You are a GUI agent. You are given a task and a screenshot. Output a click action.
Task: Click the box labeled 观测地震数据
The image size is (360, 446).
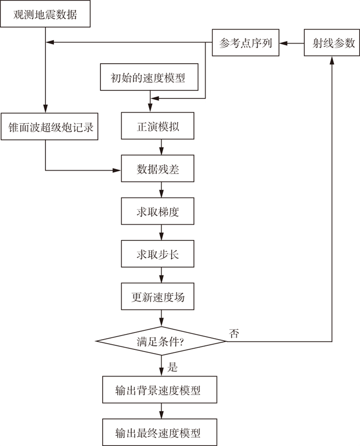[x=45, y=14]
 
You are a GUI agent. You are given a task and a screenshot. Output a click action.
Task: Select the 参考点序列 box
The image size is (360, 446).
[x=245, y=43]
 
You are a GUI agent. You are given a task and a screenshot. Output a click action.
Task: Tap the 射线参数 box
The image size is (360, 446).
[x=332, y=43]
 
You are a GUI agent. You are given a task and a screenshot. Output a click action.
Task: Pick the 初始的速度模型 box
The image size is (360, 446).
[x=151, y=78]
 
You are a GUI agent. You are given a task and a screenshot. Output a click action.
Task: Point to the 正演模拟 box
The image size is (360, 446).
[x=158, y=127]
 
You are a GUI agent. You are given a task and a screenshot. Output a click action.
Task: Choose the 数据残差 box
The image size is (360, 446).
[x=158, y=169]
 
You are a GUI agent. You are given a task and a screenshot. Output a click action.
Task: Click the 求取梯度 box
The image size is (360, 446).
[x=158, y=212]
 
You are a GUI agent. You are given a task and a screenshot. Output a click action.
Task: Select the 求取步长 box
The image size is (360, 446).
[x=158, y=254]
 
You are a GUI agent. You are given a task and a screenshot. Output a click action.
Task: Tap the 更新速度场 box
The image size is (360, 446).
[x=158, y=296]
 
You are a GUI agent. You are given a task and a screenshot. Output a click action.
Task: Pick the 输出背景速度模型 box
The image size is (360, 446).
[x=158, y=391]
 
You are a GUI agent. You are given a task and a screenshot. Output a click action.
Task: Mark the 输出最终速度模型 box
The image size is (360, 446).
[x=158, y=432]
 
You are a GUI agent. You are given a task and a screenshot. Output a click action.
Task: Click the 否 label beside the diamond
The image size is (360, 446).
[x=234, y=333]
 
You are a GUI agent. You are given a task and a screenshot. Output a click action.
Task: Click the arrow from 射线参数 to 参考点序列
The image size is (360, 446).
[x=292, y=43]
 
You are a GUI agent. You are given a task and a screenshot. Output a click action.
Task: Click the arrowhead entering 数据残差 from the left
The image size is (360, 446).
[x=117, y=170]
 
